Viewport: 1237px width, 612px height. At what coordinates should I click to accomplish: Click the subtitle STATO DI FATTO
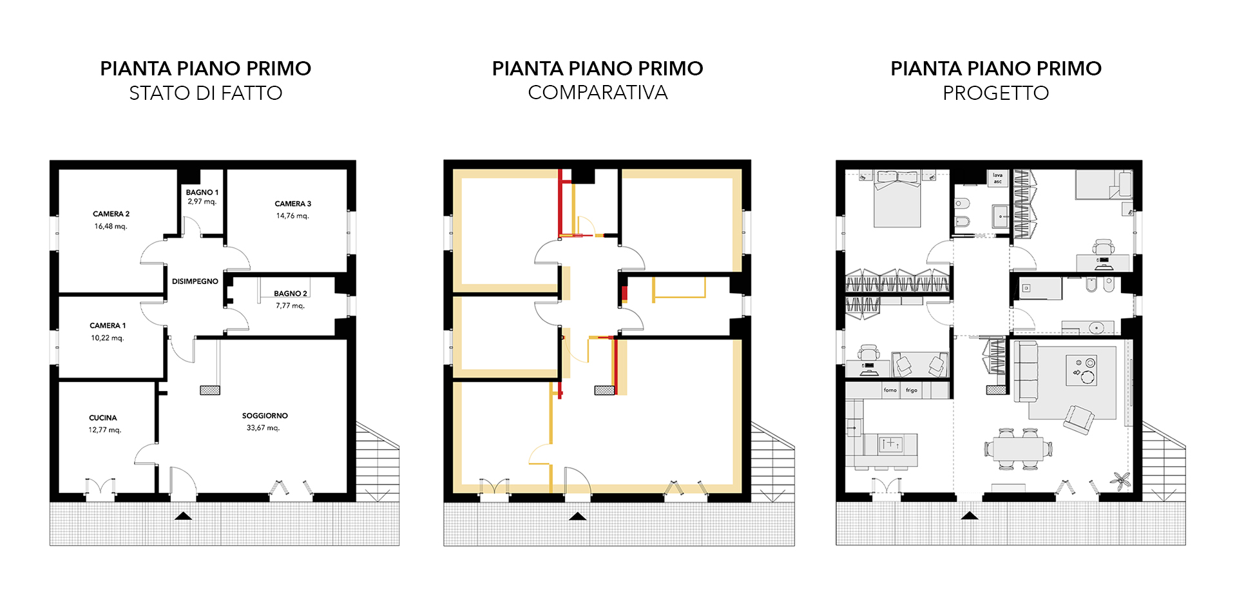coord(206,93)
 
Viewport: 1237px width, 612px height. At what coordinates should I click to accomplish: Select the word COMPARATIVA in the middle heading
coord(598,93)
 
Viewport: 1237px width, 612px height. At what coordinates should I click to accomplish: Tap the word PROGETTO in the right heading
coord(996,93)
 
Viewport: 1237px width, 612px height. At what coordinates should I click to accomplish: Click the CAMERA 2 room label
coord(111,214)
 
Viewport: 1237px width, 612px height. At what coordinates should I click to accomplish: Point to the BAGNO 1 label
coord(202,192)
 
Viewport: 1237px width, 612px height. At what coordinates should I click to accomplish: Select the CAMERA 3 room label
coord(293,204)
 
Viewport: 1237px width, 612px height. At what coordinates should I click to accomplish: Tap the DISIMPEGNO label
coord(195,282)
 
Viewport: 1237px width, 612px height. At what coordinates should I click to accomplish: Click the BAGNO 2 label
coord(291,294)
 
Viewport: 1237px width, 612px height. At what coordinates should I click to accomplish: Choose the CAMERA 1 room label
coord(108,325)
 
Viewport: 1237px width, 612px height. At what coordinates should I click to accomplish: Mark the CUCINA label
coord(103,417)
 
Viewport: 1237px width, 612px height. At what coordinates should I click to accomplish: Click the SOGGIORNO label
coord(265,416)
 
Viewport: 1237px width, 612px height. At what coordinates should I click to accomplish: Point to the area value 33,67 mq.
coord(264,428)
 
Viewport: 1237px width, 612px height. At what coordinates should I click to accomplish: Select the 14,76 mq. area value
coord(293,216)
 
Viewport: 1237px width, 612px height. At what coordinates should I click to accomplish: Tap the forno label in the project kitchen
coord(890,390)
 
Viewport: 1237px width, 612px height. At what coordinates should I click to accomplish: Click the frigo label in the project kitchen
coord(912,390)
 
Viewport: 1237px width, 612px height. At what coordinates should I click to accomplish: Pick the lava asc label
coord(997,178)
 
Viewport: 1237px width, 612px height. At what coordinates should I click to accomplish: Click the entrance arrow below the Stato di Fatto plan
coord(184,515)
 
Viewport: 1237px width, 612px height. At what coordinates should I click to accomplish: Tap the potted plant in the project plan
coord(1120,479)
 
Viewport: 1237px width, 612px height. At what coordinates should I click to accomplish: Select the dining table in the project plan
coord(1019,448)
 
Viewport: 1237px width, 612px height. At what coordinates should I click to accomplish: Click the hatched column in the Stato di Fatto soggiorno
coord(210,390)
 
